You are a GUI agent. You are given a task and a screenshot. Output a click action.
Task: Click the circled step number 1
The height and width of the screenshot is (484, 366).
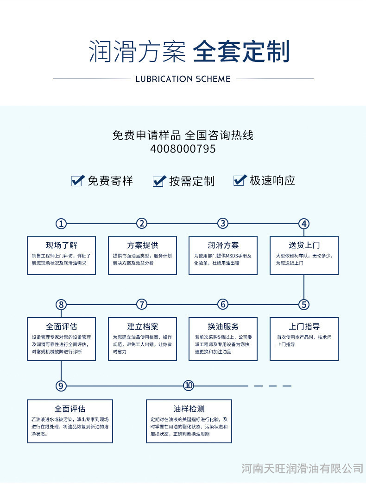tap(61, 224)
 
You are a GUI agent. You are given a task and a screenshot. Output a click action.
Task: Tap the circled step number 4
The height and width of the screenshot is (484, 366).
tap(304, 224)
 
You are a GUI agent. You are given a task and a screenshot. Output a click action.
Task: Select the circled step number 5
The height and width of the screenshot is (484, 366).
tap(304, 304)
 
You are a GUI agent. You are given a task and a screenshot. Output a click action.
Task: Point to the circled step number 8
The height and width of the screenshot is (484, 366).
tap(61, 304)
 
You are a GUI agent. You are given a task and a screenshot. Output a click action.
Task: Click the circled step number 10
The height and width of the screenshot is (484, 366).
tap(188, 386)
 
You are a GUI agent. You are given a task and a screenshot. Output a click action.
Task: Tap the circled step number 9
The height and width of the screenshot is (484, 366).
tap(61, 386)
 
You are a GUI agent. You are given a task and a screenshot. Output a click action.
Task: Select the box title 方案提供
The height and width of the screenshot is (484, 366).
tap(142, 245)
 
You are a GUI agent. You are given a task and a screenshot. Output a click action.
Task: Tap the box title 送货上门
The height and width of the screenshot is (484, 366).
tap(304, 245)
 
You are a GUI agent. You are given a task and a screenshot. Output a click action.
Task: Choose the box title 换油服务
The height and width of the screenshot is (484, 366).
tap(223, 326)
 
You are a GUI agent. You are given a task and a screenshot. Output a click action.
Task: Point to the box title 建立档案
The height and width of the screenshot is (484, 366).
tap(142, 326)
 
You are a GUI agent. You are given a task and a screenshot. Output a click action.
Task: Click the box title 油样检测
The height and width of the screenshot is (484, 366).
tap(189, 409)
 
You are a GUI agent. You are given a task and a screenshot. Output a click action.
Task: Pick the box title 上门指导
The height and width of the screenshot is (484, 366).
tap(304, 326)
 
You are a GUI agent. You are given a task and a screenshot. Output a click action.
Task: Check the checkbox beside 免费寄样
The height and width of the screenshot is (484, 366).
tap(77, 180)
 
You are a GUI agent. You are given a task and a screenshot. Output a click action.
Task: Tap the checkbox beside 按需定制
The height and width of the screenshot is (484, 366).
tap(159, 181)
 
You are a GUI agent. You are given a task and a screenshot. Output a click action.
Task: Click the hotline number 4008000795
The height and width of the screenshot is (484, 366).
tap(183, 149)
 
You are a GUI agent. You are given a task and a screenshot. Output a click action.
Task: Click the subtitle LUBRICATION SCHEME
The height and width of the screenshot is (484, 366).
tap(183, 79)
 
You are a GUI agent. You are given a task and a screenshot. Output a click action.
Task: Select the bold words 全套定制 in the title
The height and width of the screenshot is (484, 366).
tap(241, 52)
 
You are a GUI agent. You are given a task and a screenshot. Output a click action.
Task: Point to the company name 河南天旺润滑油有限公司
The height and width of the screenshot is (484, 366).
tap(302, 469)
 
